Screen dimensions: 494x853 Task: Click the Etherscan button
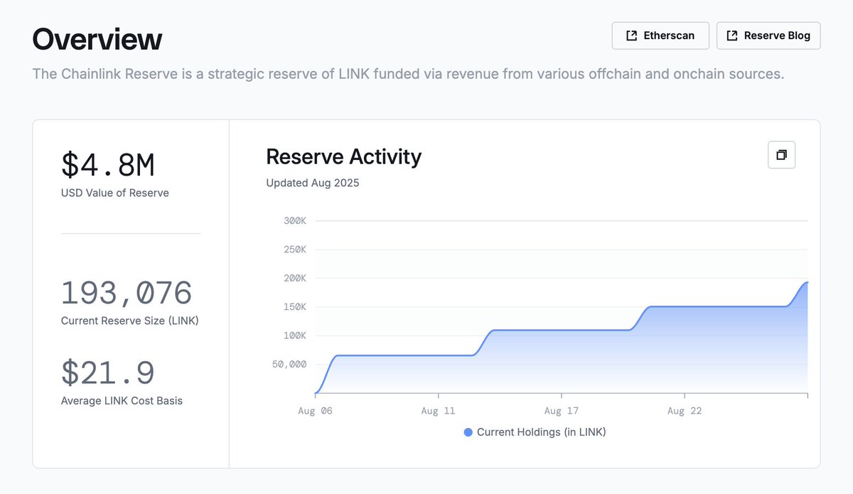point(660,36)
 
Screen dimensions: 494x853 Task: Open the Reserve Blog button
point(768,36)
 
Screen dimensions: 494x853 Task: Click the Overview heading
point(97,39)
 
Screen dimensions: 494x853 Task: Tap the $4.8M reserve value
point(108,165)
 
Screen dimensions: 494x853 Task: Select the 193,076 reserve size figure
point(127,293)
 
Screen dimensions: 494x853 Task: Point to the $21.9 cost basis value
point(108,373)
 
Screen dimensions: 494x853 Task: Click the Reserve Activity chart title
point(343,156)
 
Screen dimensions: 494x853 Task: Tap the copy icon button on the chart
point(781,155)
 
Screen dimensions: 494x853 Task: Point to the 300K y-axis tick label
point(294,221)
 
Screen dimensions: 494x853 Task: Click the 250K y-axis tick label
point(294,249)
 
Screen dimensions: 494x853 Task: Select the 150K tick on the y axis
point(294,307)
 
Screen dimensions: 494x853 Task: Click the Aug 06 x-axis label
point(315,411)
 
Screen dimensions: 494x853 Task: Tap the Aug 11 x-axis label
point(438,411)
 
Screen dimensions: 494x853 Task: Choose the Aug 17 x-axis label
point(562,411)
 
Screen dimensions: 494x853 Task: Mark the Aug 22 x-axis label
point(685,411)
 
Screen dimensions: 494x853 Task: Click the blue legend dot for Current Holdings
point(468,432)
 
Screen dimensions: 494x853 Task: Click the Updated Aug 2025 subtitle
point(313,183)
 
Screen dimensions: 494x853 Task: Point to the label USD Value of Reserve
point(115,193)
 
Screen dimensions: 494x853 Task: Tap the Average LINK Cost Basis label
point(122,401)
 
